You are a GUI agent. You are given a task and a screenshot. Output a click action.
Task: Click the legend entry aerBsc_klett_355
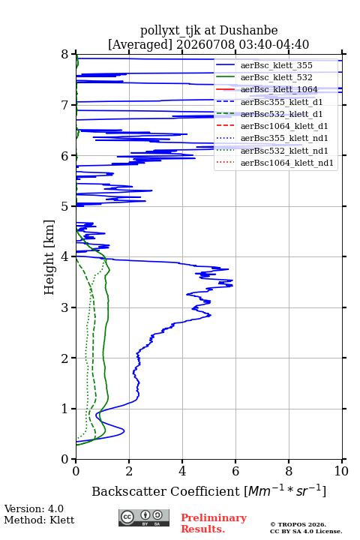point(276,65)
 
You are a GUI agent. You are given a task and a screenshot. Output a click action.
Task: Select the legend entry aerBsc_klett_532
point(276,77)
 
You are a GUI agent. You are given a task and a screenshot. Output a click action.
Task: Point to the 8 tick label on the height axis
point(65,54)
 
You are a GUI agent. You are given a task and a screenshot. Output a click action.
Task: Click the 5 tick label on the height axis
point(65,206)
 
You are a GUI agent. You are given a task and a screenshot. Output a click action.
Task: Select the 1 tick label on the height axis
point(65,409)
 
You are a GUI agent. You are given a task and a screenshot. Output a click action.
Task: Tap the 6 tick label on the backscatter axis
point(235,471)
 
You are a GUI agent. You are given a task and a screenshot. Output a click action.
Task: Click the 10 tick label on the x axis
point(341,471)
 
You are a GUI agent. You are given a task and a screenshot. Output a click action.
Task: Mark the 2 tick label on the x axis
point(129,471)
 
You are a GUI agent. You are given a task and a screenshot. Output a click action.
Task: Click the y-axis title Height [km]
point(49,257)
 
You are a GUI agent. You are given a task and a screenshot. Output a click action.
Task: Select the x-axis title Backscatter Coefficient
point(166,491)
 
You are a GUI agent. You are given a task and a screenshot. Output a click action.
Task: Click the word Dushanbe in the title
point(248,31)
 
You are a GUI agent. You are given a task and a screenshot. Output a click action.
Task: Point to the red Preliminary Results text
point(214,523)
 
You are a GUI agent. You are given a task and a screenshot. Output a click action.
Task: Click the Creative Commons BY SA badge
point(144,517)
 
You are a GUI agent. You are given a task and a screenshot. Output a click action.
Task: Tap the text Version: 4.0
point(34,508)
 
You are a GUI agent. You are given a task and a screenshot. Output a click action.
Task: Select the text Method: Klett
point(39,520)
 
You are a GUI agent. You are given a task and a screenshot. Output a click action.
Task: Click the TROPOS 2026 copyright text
point(298,524)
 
